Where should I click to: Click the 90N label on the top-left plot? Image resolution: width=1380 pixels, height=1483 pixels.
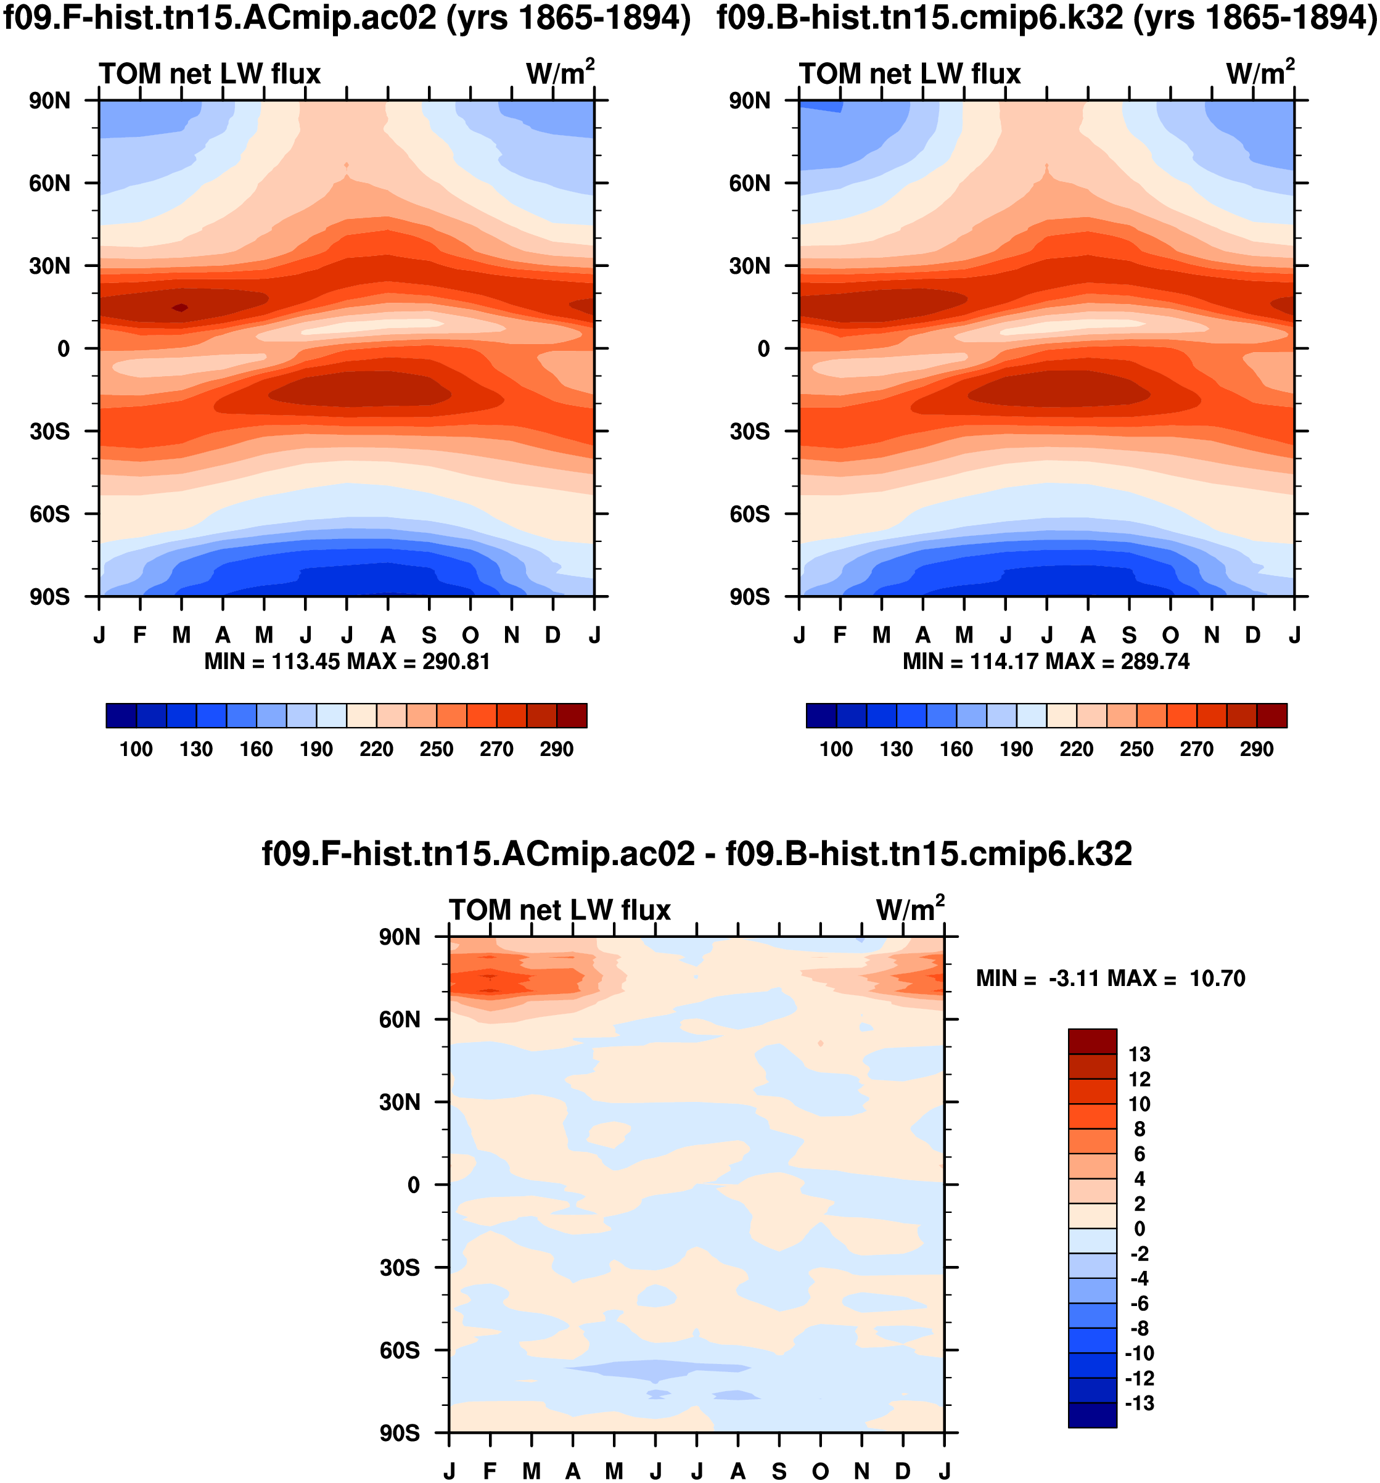tap(49, 101)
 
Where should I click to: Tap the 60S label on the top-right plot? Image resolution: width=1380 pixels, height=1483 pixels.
tap(749, 514)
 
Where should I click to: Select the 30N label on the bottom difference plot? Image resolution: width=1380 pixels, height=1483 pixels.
tap(399, 1103)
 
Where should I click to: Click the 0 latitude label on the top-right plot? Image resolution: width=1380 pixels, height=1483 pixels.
tap(763, 348)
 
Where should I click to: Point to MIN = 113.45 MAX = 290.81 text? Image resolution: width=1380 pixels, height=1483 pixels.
tap(347, 662)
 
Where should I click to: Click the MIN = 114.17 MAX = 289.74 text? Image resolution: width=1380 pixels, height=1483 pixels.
tap(1046, 662)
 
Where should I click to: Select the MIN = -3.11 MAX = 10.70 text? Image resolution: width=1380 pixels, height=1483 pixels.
tap(1110, 979)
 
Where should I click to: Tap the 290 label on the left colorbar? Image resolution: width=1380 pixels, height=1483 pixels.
tap(556, 749)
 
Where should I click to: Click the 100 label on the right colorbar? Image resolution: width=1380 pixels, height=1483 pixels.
tap(836, 749)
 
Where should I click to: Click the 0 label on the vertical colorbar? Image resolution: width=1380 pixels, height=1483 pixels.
tap(1139, 1228)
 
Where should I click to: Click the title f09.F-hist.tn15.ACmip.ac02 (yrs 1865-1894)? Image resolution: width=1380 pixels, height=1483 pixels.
tap(347, 18)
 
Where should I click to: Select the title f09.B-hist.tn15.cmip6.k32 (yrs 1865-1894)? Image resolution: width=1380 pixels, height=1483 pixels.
tap(1046, 18)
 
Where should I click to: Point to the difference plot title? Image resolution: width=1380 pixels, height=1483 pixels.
tap(697, 853)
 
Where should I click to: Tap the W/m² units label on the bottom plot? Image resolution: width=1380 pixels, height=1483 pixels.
tap(910, 910)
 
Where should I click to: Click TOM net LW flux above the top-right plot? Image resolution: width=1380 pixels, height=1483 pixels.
tap(910, 74)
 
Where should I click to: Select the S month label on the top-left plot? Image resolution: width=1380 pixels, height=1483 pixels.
tap(429, 635)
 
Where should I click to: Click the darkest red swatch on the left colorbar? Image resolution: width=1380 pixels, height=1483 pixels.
tap(572, 715)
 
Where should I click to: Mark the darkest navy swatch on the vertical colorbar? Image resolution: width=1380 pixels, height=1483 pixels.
tap(1092, 1415)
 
